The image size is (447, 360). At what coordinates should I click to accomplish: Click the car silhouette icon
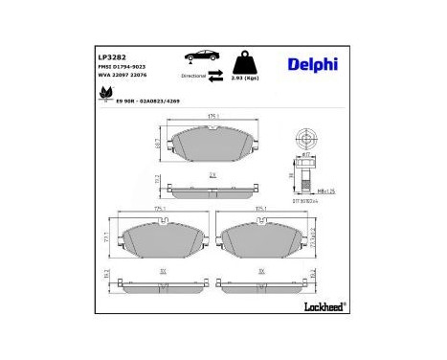(195, 58)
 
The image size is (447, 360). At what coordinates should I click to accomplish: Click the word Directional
(192, 74)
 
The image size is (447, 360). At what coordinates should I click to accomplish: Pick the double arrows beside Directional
(214, 74)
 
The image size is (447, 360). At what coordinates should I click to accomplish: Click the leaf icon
(104, 94)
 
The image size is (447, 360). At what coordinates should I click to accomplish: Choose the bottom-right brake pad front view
(259, 242)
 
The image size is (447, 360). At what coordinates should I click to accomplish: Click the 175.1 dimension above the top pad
(212, 117)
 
